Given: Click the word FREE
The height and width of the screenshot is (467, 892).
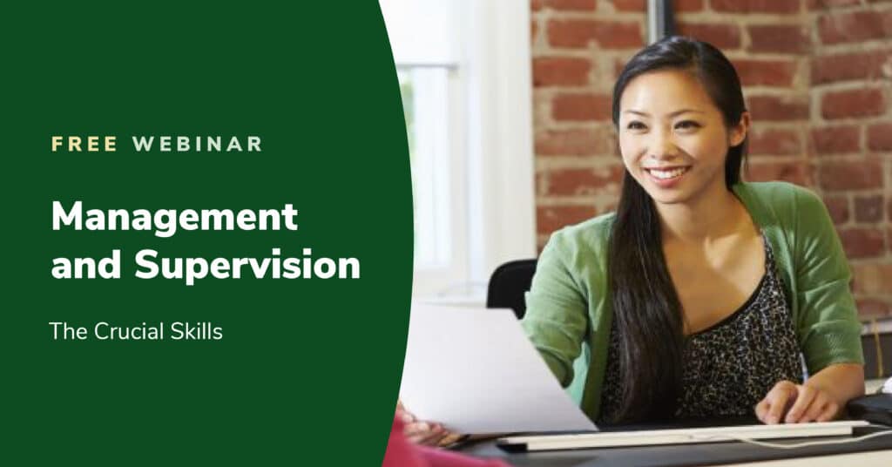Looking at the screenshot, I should (x=84, y=144).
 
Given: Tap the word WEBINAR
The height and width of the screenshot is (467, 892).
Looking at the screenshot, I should (x=197, y=144).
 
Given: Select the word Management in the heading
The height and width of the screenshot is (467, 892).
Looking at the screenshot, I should (x=174, y=216).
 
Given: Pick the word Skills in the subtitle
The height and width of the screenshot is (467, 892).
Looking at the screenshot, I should (x=199, y=331).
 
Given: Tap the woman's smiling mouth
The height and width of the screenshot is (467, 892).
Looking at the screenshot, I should (x=668, y=173).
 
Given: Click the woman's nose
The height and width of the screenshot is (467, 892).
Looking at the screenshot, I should (x=665, y=146).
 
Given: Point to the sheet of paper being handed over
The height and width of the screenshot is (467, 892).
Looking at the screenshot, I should (x=488, y=366).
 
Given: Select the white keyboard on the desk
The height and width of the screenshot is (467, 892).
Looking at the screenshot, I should (x=679, y=434).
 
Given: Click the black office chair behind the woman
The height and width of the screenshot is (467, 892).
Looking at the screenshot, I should (x=511, y=288).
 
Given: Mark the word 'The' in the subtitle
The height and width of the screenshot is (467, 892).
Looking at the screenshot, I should (x=65, y=331).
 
